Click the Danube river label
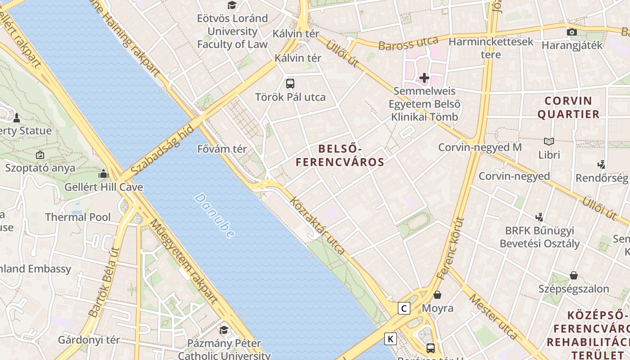[215, 216]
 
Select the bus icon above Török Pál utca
[290, 83]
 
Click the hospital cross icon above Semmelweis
[424, 78]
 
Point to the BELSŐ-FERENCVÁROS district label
[340, 155]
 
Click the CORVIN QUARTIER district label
[568, 107]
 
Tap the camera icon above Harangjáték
[572, 32]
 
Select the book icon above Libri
[549, 141]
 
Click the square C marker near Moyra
[404, 308]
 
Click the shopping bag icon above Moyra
[437, 295]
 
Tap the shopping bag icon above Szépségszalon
[574, 275]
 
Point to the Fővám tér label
[222, 148]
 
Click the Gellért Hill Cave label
[103, 187]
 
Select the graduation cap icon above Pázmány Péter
[224, 330]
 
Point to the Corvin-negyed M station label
[480, 147]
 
